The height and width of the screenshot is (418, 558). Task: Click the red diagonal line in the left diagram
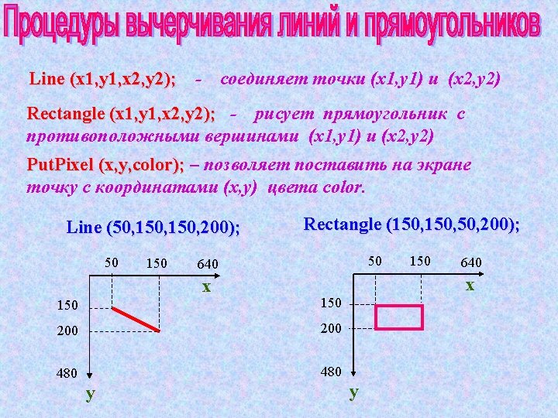137,318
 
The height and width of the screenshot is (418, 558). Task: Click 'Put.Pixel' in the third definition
60,166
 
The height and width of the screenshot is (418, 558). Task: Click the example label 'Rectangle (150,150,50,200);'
412,224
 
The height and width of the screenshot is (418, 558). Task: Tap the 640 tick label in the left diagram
207,264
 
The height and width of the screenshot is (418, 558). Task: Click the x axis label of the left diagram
206,286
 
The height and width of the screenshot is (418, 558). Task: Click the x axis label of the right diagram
470,285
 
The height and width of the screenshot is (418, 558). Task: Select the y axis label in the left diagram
91,393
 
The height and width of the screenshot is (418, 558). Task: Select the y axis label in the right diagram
354,392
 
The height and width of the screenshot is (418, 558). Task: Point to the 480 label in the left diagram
66,373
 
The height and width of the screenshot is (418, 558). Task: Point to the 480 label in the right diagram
331,372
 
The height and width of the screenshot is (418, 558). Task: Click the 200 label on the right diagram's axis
331,328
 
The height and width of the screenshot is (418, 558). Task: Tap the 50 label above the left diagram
112,262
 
